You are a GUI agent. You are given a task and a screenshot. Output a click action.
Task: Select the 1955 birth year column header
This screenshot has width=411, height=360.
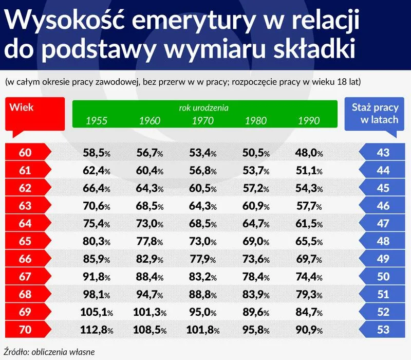(x=96, y=121)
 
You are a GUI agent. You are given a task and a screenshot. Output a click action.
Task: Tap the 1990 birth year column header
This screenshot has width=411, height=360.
(x=309, y=121)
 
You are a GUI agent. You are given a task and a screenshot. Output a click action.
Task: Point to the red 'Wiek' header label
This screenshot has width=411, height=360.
(x=22, y=108)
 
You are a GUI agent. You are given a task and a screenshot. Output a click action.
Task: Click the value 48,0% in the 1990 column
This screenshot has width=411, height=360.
(x=309, y=152)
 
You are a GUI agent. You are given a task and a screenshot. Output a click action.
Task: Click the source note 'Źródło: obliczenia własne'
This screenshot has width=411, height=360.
(x=48, y=352)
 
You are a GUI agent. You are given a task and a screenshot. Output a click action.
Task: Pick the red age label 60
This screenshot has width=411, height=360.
(x=25, y=152)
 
